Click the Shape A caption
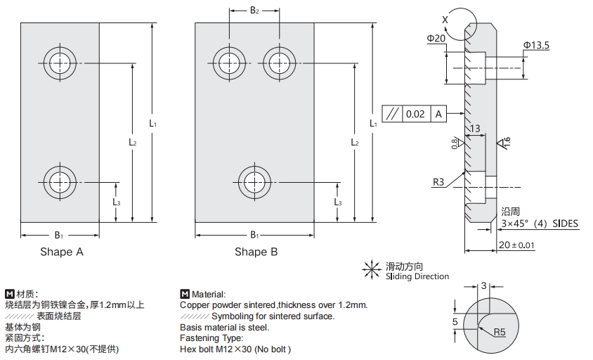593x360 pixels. point(61,252)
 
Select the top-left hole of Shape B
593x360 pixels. point(229,63)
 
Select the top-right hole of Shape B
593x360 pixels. point(280,63)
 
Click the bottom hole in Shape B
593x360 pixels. point(254,181)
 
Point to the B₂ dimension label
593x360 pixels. point(254,11)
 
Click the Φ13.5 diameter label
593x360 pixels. point(536,45)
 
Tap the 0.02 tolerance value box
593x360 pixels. point(415,114)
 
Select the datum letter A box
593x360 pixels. point(438,114)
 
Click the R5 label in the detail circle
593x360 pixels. point(500,331)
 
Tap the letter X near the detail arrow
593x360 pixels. point(445,20)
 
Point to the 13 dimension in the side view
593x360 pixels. point(475,129)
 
